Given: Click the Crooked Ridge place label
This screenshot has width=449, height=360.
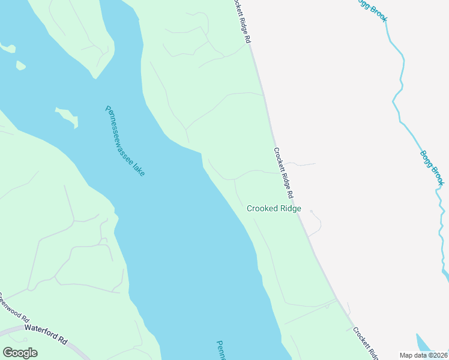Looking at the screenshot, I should [274, 209].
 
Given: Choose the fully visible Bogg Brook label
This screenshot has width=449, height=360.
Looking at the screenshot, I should [432, 167].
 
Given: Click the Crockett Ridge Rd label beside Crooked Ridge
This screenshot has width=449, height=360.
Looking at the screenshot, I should [284, 173].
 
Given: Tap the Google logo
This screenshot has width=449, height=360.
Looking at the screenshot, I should [20, 352].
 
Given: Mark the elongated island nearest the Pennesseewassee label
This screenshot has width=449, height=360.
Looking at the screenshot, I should [67, 117].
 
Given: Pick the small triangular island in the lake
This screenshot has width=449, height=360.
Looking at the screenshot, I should [20, 64].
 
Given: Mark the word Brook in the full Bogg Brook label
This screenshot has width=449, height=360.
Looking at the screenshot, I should [436, 174].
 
